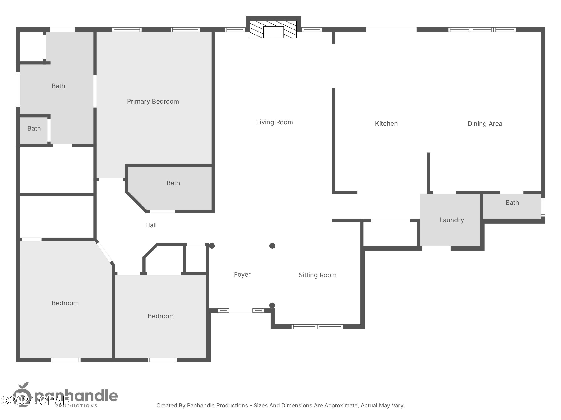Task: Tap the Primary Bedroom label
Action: pyautogui.click(x=153, y=102)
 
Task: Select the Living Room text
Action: pyautogui.click(x=274, y=122)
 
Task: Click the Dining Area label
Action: pyautogui.click(x=485, y=124)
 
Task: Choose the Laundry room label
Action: pyautogui.click(x=451, y=220)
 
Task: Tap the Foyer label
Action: pyautogui.click(x=242, y=274)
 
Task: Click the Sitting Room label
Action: pyautogui.click(x=317, y=275)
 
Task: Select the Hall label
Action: pyautogui.click(x=151, y=225)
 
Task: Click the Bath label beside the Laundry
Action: pyautogui.click(x=512, y=203)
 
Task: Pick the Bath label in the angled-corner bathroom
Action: pyautogui.click(x=173, y=183)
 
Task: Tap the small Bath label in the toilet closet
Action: pyautogui.click(x=34, y=129)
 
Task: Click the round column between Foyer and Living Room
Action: pyautogui.click(x=272, y=246)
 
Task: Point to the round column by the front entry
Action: pyautogui.click(x=272, y=305)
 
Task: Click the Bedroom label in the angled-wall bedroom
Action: pyautogui.click(x=65, y=303)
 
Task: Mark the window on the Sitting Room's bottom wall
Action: pyautogui.click(x=317, y=327)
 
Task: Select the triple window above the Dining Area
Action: pyautogui.click(x=482, y=30)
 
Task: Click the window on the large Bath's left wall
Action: pyautogui.click(x=18, y=89)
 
